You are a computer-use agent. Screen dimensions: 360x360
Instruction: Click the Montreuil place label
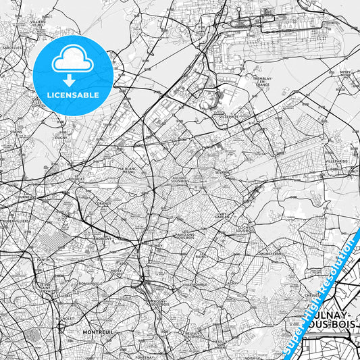tap(95, 332)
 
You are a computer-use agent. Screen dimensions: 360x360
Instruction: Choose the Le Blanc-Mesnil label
tap(128, 170)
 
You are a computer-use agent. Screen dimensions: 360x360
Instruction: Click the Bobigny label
tap(104, 238)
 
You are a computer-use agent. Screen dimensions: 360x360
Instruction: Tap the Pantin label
tap(45, 259)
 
